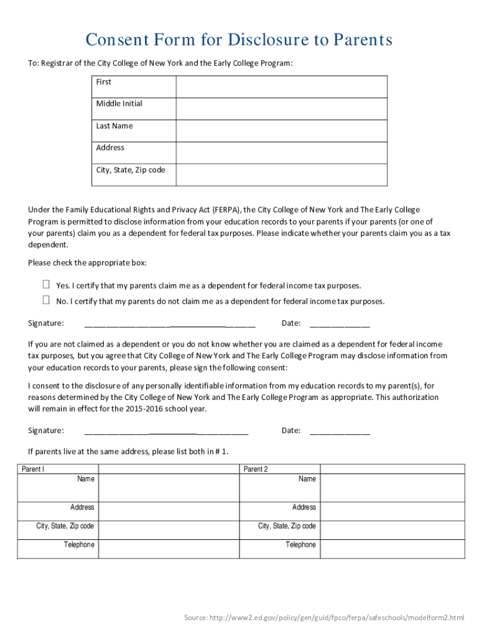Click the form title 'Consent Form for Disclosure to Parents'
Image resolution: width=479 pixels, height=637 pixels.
[x=239, y=40]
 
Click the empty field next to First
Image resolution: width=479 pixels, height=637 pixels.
[x=281, y=86]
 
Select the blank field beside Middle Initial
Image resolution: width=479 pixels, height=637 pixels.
[x=281, y=108]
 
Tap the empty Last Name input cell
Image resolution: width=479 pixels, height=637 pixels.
[x=281, y=131]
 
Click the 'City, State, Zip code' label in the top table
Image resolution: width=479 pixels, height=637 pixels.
[x=131, y=170]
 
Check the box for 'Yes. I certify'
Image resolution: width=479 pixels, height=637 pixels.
[x=46, y=285]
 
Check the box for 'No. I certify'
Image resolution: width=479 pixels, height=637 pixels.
[x=46, y=300]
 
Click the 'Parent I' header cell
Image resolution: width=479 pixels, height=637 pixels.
[x=33, y=469]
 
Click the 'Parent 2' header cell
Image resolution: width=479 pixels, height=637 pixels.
[x=255, y=469]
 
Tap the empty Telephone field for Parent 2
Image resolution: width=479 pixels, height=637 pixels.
[x=393, y=548]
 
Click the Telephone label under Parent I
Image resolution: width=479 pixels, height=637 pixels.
[x=79, y=545]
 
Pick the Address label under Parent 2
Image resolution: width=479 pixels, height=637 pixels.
[x=304, y=508]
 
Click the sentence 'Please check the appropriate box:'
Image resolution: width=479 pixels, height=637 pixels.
[x=87, y=263]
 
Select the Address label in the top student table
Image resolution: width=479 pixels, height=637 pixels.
[x=110, y=148]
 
